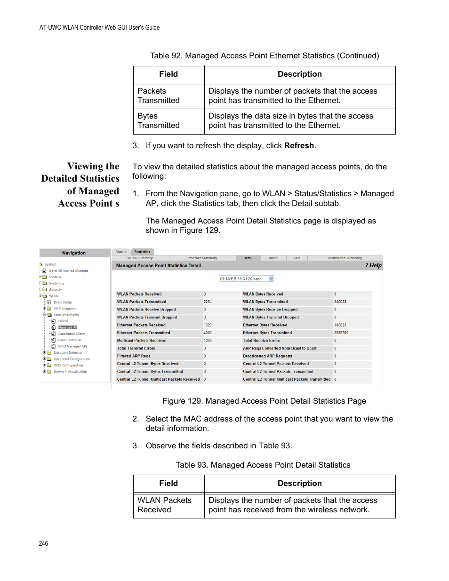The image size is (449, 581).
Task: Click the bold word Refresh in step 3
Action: pos(299,146)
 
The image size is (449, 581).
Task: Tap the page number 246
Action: pos(43,543)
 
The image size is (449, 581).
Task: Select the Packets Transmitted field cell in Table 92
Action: pos(159,96)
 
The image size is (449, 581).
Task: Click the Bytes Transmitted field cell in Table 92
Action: pos(159,121)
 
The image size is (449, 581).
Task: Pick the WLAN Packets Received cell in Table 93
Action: pos(164,505)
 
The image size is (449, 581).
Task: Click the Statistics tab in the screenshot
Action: pos(142,252)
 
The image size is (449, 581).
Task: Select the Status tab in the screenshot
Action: pos(121,252)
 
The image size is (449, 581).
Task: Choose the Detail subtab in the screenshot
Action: pos(248,258)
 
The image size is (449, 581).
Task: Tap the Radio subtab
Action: pos(273,258)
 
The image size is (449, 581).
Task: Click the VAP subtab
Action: pos(297,258)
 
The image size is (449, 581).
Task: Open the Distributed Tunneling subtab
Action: pos(345,258)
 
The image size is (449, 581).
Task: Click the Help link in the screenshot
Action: pos(374,265)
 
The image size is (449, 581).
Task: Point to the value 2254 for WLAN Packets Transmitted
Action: pos(208,302)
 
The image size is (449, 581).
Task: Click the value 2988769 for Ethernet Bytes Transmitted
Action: pos(341,333)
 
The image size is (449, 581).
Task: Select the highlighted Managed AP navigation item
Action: pos(67,327)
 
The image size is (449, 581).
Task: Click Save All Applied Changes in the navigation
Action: pos(69,271)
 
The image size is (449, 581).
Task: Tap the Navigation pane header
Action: pos(74,253)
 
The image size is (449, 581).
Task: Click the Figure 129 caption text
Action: pos(264,401)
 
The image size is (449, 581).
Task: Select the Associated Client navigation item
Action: pos(71,334)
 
